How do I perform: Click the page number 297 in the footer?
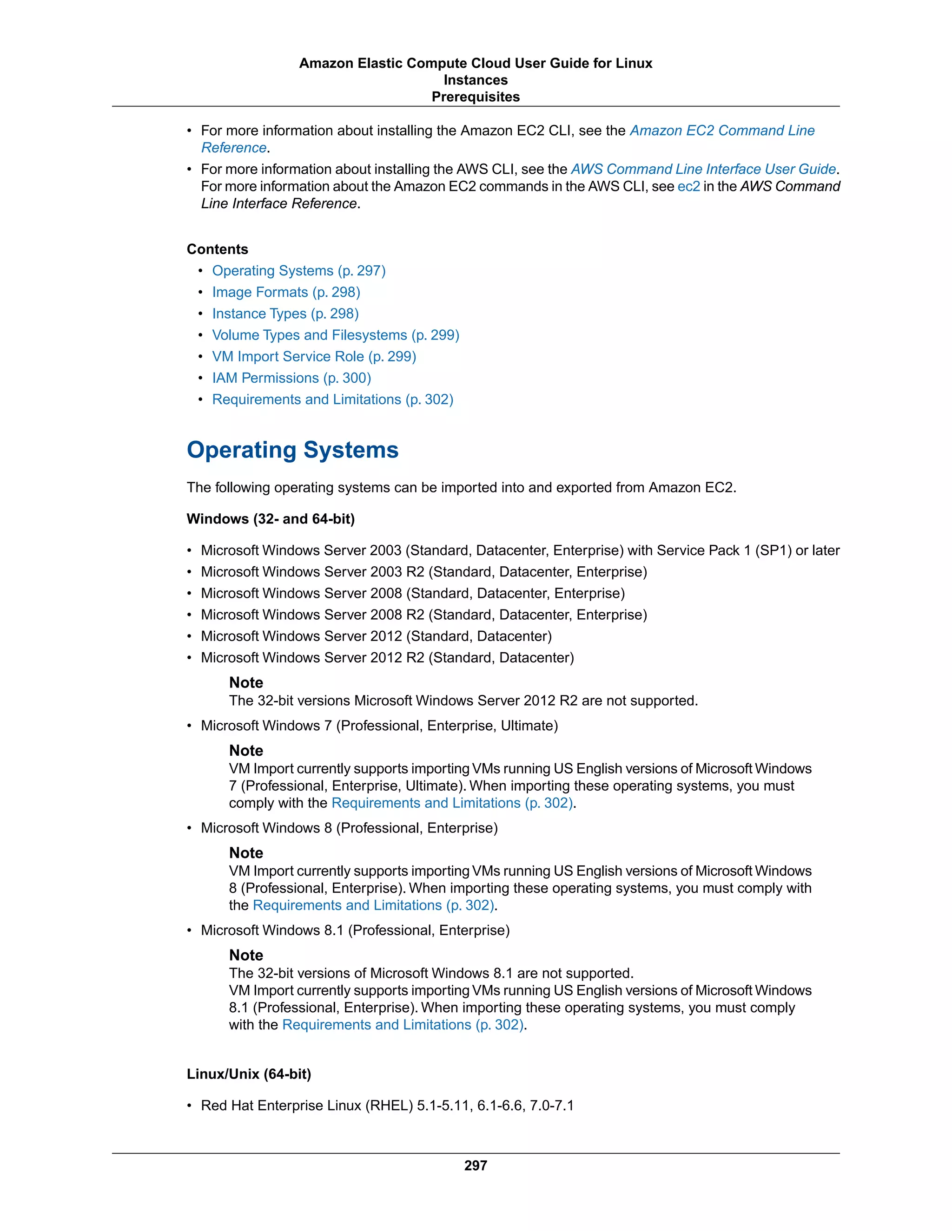coord(476,1165)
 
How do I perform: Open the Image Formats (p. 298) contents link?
coord(286,292)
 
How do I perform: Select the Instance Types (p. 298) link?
coord(285,314)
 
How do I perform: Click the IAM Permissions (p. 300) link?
coord(291,378)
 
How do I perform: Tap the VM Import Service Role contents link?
coord(314,356)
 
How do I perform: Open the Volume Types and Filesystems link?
coord(336,335)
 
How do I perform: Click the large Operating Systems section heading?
coord(293,450)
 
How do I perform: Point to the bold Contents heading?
coord(217,249)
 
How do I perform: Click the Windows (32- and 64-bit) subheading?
coord(271,518)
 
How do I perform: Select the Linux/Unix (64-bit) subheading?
coord(249,1074)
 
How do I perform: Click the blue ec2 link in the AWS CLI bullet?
coord(688,187)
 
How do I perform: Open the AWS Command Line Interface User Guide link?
coord(703,169)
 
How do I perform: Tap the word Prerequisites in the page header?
coord(476,97)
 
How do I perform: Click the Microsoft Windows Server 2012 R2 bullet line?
coord(388,657)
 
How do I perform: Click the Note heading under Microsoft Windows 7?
coord(246,750)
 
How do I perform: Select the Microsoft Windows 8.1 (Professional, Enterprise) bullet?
coord(355,930)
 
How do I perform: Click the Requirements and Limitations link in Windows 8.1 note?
coord(403,1025)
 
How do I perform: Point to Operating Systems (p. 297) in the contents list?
coord(299,270)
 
